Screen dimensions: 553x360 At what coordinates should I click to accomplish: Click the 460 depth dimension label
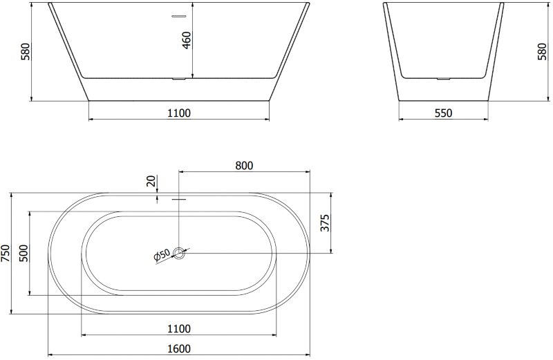(x=187, y=40)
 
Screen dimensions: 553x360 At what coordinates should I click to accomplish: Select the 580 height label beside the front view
(x=26, y=52)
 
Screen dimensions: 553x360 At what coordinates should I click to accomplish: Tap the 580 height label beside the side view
(x=543, y=52)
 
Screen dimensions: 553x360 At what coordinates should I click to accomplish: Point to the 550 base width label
(x=443, y=113)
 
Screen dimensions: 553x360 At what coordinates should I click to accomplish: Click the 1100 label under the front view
(x=179, y=113)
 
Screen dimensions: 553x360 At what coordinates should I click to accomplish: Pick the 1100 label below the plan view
(x=179, y=329)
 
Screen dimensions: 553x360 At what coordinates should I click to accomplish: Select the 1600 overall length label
(x=179, y=349)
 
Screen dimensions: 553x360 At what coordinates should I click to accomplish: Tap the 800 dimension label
(x=244, y=165)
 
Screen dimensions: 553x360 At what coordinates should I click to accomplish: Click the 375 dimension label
(x=325, y=222)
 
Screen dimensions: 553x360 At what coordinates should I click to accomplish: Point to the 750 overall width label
(x=6, y=253)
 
